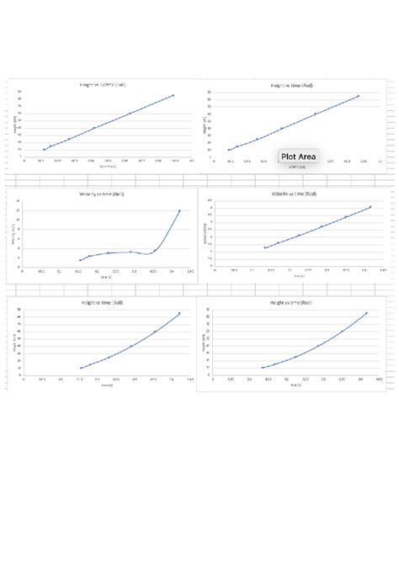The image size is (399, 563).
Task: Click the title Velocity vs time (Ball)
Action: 102,194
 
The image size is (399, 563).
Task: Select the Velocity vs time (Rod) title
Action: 294,194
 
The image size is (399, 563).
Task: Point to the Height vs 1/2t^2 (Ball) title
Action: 102,86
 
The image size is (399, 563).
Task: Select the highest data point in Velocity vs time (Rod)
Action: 370,207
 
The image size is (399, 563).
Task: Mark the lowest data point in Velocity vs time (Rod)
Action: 265,248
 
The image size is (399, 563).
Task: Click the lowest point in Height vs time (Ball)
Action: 81,368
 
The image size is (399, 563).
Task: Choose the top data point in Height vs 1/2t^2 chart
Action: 173,95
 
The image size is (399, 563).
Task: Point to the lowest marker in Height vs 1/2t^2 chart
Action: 44,149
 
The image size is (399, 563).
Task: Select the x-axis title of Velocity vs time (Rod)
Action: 296,275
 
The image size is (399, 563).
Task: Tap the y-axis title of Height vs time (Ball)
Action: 15,343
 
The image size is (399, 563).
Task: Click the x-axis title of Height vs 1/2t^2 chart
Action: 108,167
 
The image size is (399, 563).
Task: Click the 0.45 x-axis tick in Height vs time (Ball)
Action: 190,380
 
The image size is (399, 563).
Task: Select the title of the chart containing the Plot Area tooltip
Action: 294,86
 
